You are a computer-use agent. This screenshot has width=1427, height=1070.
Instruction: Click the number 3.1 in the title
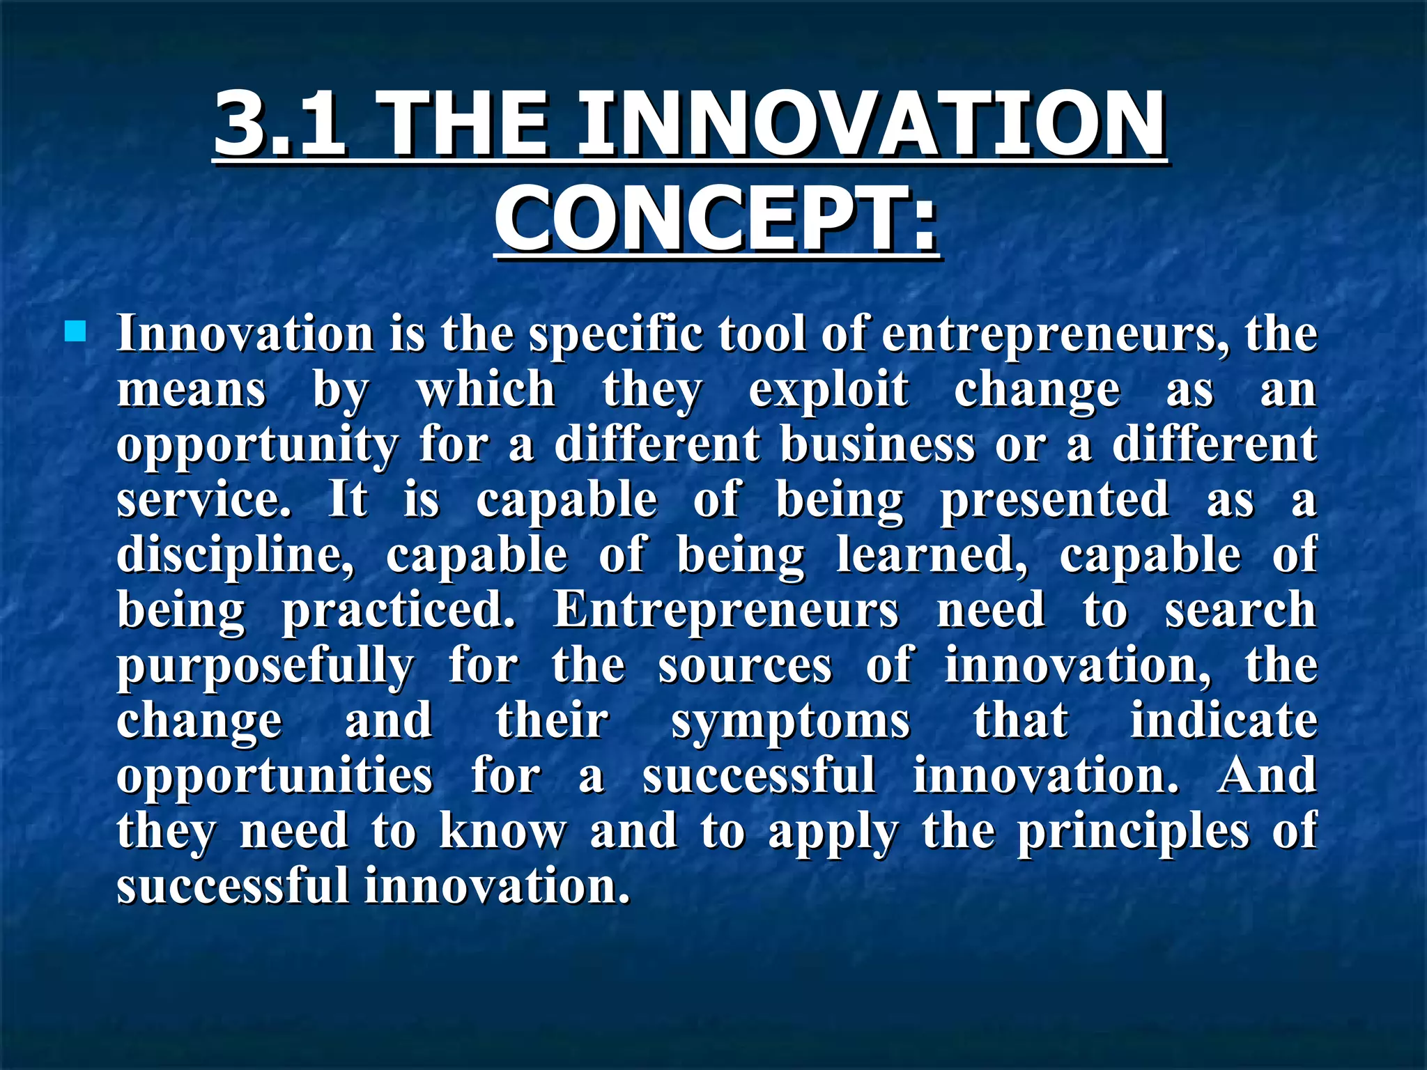tap(279, 125)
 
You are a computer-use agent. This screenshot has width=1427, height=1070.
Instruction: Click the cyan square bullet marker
tap(75, 332)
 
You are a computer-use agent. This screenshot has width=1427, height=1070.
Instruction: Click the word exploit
tap(828, 389)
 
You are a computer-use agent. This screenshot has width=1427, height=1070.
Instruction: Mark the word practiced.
tap(399, 610)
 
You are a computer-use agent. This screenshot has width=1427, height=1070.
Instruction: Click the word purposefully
tap(265, 666)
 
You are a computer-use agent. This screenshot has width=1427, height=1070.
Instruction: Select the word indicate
tap(1224, 720)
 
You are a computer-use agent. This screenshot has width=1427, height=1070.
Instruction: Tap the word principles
tap(1133, 832)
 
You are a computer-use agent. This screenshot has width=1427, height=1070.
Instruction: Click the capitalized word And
tap(1267, 775)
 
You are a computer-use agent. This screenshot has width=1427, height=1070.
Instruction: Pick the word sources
tap(745, 666)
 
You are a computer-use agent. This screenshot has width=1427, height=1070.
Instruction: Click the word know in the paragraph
tap(503, 831)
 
